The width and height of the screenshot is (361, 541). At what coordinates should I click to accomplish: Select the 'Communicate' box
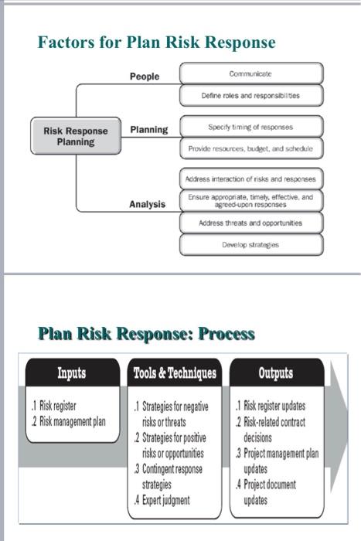click(250, 73)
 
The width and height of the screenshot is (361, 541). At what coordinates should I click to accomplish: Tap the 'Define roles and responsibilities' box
click(250, 96)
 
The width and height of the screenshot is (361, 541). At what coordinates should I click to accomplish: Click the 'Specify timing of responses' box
click(250, 126)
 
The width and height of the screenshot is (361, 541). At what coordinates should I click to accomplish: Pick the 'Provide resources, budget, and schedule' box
click(250, 147)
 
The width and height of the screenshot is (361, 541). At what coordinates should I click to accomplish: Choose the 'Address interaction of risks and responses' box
click(250, 179)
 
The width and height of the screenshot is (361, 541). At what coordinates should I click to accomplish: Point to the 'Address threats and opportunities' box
click(250, 223)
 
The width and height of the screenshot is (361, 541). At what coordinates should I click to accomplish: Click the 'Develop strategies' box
click(250, 244)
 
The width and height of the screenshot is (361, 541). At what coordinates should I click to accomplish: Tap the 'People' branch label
click(145, 77)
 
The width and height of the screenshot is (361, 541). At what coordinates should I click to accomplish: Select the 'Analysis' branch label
click(147, 205)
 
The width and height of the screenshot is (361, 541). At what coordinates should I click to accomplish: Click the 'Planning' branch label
click(148, 130)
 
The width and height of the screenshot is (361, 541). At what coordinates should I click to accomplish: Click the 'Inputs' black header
click(72, 373)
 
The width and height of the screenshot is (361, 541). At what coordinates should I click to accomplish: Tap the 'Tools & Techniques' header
click(175, 373)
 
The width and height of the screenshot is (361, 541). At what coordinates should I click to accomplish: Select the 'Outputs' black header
click(276, 373)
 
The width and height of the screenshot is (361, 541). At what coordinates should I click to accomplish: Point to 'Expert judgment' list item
click(165, 499)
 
